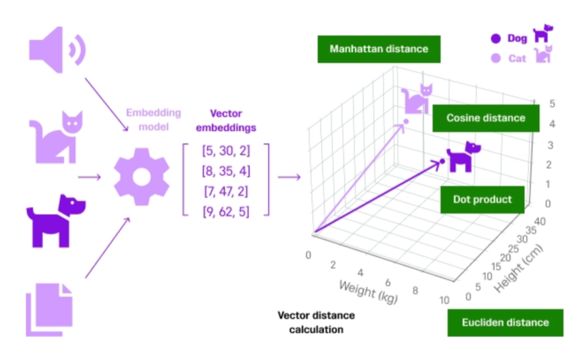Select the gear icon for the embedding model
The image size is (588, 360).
pos(141,177)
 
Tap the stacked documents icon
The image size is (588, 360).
pos(49,310)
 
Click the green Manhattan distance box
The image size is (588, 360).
pos(379,49)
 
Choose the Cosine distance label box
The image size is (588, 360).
pos(486,118)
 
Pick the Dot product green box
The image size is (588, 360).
pos(483,200)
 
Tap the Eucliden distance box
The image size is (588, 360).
pos(505,322)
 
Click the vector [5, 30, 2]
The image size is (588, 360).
pos(225,151)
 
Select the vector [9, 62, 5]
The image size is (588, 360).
pos(225,212)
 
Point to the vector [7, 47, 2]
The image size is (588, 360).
pos(225,192)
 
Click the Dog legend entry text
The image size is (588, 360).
pos(517,38)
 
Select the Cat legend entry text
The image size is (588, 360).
pos(517,59)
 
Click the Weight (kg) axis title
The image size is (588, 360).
pos(368,292)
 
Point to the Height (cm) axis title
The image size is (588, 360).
pos(518,268)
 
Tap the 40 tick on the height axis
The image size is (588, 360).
pos(540,222)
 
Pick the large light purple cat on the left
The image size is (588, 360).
pos(56,138)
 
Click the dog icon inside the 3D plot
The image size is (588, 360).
pos(463,157)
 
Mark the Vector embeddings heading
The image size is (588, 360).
pos(225,121)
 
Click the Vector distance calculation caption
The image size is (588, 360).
pos(316,322)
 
